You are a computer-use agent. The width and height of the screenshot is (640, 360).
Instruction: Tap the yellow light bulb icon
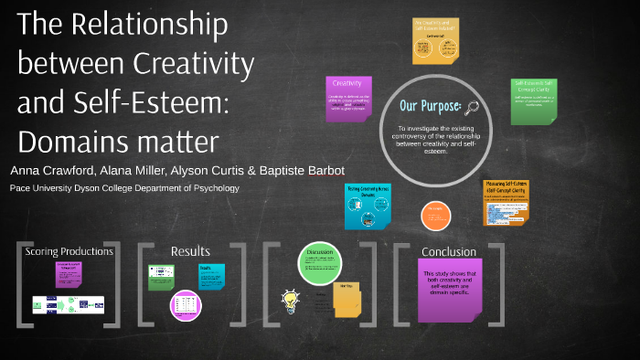point(291,298)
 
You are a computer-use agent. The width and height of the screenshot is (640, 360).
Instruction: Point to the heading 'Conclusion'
point(448,251)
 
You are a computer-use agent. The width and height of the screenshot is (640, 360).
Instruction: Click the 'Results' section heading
point(190,251)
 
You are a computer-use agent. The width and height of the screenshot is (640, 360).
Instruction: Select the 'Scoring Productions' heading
point(69,251)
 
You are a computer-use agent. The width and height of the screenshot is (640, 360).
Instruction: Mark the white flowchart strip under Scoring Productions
point(69,303)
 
